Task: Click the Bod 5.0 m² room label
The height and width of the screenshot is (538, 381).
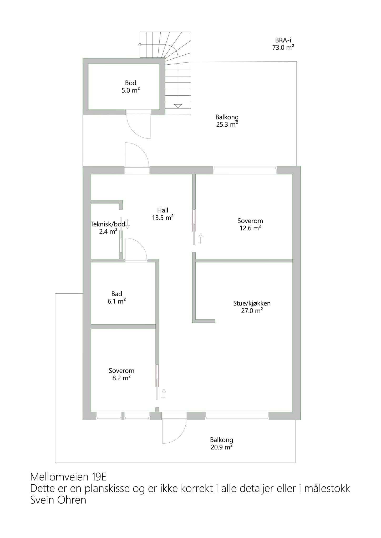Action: tap(131, 87)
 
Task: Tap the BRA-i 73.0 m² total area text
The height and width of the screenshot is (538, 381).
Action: tap(283, 44)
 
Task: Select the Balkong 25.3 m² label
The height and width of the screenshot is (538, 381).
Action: tap(227, 121)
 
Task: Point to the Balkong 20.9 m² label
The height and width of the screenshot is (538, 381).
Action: tap(221, 443)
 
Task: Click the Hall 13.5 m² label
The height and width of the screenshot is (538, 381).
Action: tap(162, 214)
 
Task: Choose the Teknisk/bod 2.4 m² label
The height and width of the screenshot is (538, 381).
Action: tap(108, 228)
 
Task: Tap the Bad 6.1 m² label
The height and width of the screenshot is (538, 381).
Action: tap(116, 297)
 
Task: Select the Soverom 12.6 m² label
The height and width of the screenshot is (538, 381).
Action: tap(250, 224)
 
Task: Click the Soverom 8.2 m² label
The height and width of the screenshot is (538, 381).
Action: tap(121, 374)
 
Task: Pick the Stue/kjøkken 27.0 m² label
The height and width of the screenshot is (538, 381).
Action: tap(252, 307)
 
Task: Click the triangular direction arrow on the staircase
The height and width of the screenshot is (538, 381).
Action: tap(178, 106)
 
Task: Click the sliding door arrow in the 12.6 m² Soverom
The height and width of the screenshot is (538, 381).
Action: tap(200, 239)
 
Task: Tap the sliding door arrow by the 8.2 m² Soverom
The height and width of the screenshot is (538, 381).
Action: tap(164, 394)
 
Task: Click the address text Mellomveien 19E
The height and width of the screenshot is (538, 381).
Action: tap(68, 477)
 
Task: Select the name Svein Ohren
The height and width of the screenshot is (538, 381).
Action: tap(58, 500)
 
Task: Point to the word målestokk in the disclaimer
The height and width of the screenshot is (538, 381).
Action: tap(327, 488)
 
